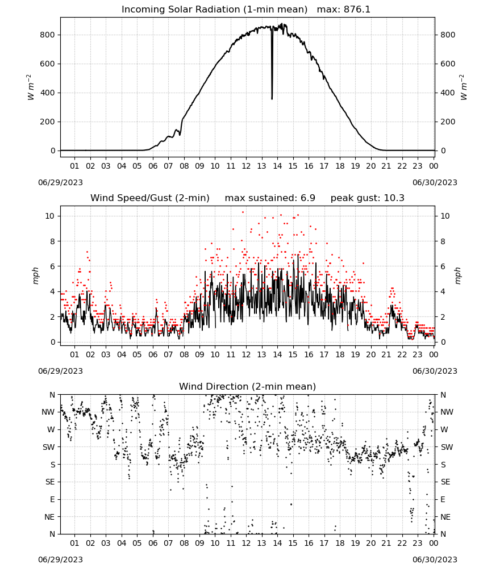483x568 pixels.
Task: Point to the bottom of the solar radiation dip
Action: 272,98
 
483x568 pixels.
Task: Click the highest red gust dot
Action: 243,212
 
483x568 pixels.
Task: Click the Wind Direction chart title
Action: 248,386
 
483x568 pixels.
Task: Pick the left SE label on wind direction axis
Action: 50,482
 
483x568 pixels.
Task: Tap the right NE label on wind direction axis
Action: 445,517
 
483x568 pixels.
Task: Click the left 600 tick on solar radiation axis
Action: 48,64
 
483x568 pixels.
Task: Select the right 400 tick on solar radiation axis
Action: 448,93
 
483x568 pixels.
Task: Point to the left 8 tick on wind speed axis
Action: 53,241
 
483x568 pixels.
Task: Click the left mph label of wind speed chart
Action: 35,275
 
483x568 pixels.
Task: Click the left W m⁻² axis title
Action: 30,87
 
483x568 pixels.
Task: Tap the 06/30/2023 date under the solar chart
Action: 435,182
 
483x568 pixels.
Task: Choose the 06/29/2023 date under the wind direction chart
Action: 60,559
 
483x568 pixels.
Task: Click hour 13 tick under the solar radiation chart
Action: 261,166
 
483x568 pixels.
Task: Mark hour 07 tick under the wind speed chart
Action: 168,354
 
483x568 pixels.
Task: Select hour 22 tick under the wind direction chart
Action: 402,543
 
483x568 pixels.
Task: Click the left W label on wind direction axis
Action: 51,429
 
